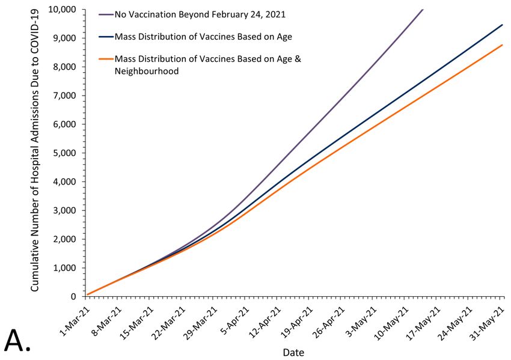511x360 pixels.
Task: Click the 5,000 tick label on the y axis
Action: click(x=65, y=153)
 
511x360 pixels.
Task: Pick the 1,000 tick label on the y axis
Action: click(x=65, y=268)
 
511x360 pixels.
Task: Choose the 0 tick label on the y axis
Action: click(x=74, y=297)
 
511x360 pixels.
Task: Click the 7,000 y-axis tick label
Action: click(x=65, y=96)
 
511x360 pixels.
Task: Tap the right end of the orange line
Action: click(x=503, y=45)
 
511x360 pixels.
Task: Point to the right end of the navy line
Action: click(x=503, y=25)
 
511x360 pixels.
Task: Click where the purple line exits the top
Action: click(x=423, y=10)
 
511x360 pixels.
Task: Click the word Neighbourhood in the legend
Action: click(x=150, y=71)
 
